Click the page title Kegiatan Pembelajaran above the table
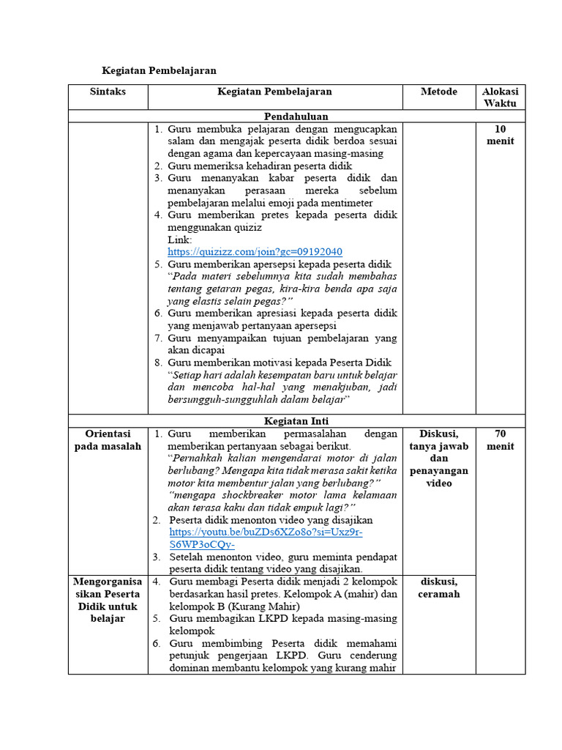[158, 70]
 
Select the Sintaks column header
[108, 92]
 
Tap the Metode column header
[439, 92]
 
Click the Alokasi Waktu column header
[500, 97]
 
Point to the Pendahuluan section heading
[296, 116]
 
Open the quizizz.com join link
[255, 251]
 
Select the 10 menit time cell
[500, 135]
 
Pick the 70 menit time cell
[500, 439]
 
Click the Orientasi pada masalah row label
[108, 439]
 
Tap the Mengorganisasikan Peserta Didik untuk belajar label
[108, 599]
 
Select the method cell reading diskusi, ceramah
[439, 587]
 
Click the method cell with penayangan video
[439, 458]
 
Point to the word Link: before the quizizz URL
[180, 240]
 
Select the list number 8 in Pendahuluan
[157, 363]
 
